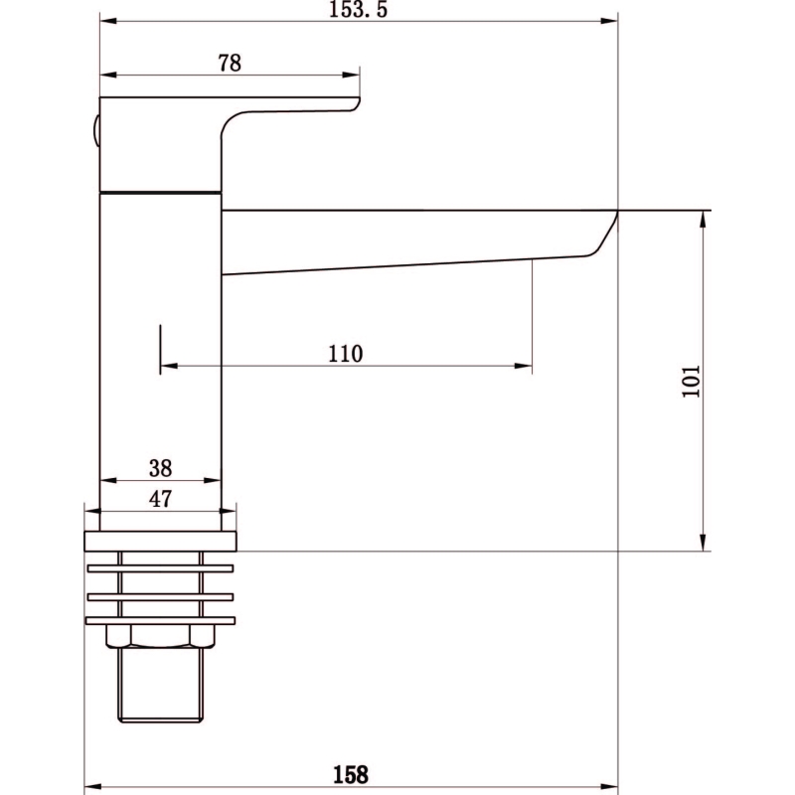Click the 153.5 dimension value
tap(359, 10)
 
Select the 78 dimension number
tap(230, 64)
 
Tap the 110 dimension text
tap(346, 354)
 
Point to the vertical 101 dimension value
tap(691, 381)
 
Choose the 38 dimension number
tap(161, 468)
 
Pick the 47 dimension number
tap(161, 499)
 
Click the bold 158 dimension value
tap(351, 775)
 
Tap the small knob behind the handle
tap(95, 131)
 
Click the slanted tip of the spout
tap(603, 233)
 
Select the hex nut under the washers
tap(160, 636)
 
